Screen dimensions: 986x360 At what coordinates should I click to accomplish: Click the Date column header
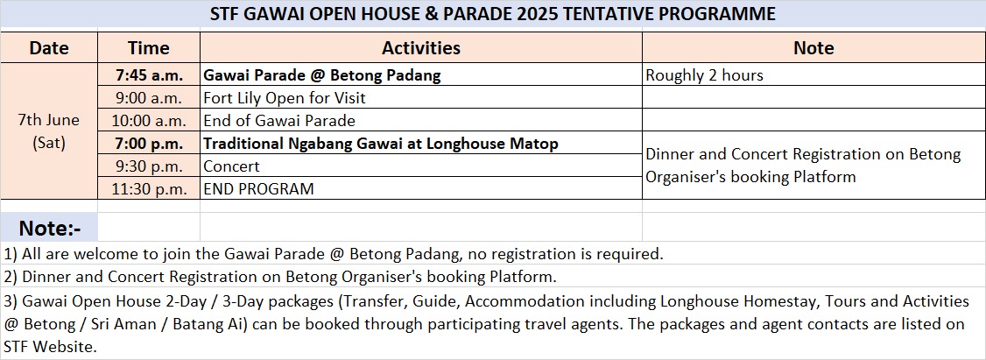[x=49, y=48]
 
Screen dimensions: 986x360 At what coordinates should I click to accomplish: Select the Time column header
[x=148, y=48]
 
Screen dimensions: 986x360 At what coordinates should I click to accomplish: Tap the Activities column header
[x=420, y=48]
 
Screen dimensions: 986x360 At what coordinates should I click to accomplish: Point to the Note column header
[x=813, y=48]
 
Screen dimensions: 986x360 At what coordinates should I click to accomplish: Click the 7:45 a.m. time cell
[x=149, y=75]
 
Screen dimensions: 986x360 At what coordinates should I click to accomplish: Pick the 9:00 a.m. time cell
[x=149, y=97]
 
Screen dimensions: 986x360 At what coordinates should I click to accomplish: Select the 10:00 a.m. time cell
[x=149, y=120]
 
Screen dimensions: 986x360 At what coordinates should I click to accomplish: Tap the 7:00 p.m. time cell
[x=149, y=143]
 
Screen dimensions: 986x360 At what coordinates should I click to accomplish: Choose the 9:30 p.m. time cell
[x=149, y=166]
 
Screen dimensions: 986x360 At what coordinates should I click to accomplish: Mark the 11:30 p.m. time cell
[x=149, y=188]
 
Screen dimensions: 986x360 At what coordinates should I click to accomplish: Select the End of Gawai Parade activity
[x=279, y=120]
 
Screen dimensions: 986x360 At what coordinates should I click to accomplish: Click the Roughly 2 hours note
[x=704, y=75]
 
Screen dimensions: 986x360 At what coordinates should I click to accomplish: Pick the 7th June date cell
[x=49, y=131]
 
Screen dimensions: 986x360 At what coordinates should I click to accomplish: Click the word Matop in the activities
[x=534, y=144]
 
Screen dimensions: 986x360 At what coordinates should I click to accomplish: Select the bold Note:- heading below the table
[x=50, y=227]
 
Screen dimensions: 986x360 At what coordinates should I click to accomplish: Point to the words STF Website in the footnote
[x=50, y=346]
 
